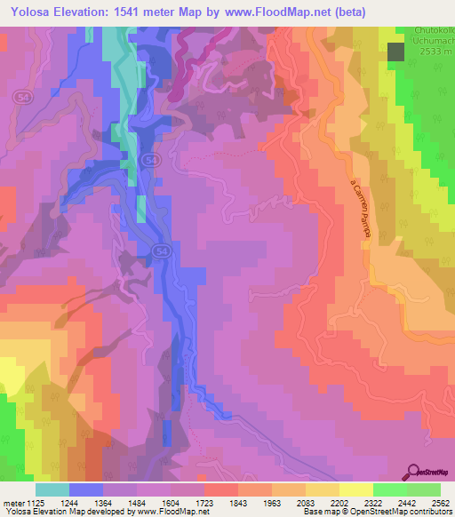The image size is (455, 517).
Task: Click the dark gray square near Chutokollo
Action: tap(396, 52)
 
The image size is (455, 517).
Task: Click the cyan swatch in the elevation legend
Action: tap(52, 489)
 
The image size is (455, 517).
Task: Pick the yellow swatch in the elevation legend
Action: tap(355, 489)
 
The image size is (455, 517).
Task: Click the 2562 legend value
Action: tap(441, 503)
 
